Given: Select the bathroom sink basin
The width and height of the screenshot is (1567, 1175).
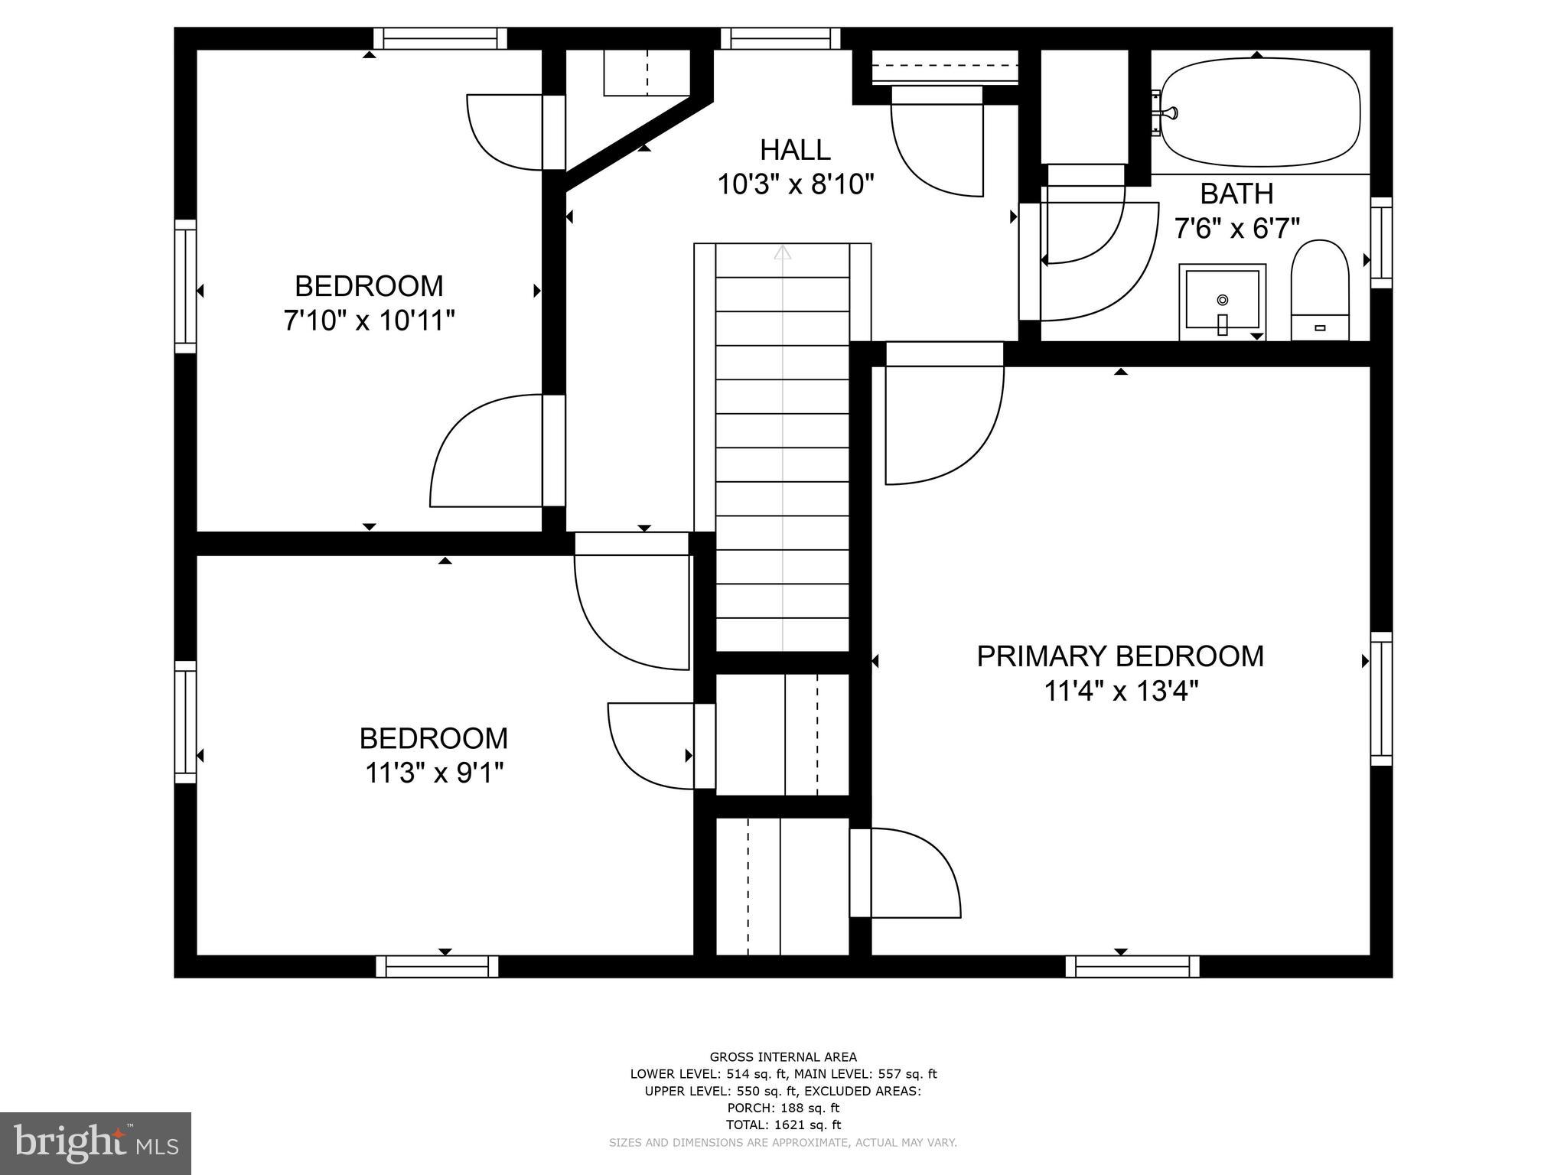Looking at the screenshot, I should [1222, 301].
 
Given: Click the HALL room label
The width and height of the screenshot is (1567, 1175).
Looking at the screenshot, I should [795, 150].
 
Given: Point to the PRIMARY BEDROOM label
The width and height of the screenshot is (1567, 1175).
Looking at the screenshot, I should [1120, 656].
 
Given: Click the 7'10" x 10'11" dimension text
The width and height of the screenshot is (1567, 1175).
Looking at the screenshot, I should [369, 321].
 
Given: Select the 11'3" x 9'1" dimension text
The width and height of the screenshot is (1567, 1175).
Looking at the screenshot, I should [434, 773].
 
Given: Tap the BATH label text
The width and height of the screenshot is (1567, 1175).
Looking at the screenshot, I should [1236, 194].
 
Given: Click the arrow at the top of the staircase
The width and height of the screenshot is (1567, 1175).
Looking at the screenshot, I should [782, 252].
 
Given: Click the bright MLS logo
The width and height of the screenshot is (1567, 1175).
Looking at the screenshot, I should [95, 1143].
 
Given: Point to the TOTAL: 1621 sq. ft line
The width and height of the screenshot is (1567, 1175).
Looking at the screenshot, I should [783, 1125].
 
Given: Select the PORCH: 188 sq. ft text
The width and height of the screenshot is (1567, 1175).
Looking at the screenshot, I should [783, 1108].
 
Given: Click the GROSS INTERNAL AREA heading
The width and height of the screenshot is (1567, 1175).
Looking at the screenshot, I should [783, 1057].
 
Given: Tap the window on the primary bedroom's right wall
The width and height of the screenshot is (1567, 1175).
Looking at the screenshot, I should [1381, 698].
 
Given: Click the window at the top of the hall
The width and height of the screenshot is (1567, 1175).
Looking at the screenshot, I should [780, 38].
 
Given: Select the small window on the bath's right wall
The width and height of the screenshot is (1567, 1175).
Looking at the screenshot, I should [1381, 242].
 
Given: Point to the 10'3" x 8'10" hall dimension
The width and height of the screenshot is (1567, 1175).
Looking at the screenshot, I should [795, 184].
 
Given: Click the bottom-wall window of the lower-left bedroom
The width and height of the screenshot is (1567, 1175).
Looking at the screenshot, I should [437, 966].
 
